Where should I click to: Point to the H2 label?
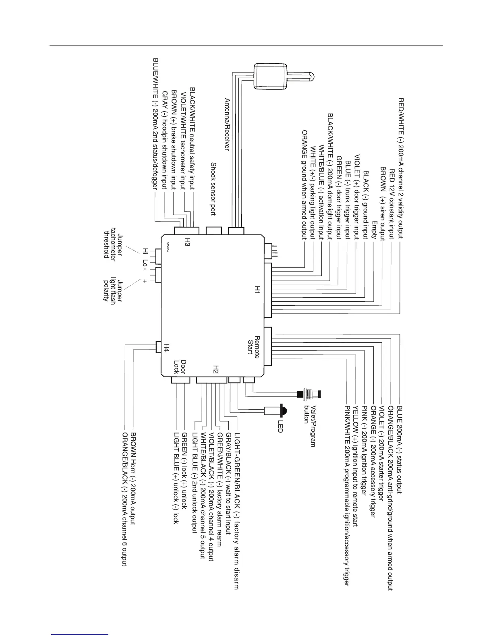[x=216, y=369]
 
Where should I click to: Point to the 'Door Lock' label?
[x=180, y=367]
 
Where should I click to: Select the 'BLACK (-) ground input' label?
[x=366, y=204]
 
